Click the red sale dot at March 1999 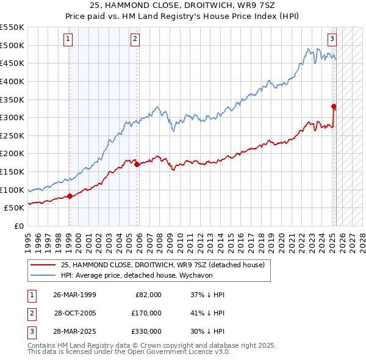coord(70,196)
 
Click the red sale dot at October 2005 coord(137,164)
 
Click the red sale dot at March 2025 coord(334,106)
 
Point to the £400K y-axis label coord(12,81)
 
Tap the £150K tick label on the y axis coord(12,172)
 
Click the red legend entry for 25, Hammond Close coord(162,265)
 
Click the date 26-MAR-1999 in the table coord(74,295)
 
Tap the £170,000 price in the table coord(146,313)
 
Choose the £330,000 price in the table coord(146,332)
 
